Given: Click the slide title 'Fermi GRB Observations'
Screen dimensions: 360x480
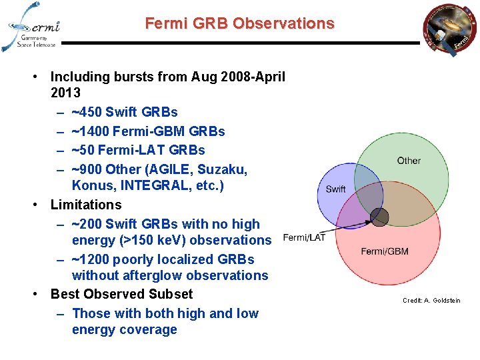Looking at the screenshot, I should coord(239,23).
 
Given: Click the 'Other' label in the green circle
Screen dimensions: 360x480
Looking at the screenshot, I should coord(409,161).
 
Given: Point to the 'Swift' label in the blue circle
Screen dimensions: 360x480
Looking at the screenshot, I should coord(335,189).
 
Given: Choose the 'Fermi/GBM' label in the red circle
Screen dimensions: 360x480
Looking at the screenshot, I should coord(385,251).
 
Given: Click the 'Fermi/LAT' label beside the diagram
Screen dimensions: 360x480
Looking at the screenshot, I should coord(304,237).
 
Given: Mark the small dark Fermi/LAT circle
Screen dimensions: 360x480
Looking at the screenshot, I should coord(379,217).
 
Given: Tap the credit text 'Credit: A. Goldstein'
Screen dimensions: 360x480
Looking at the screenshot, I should coord(431,301).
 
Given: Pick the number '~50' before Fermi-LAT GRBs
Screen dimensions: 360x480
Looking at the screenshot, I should coord(83,150).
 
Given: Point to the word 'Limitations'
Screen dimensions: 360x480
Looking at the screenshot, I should coord(86,205).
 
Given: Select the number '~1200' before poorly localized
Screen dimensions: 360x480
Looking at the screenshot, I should coord(91,259).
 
